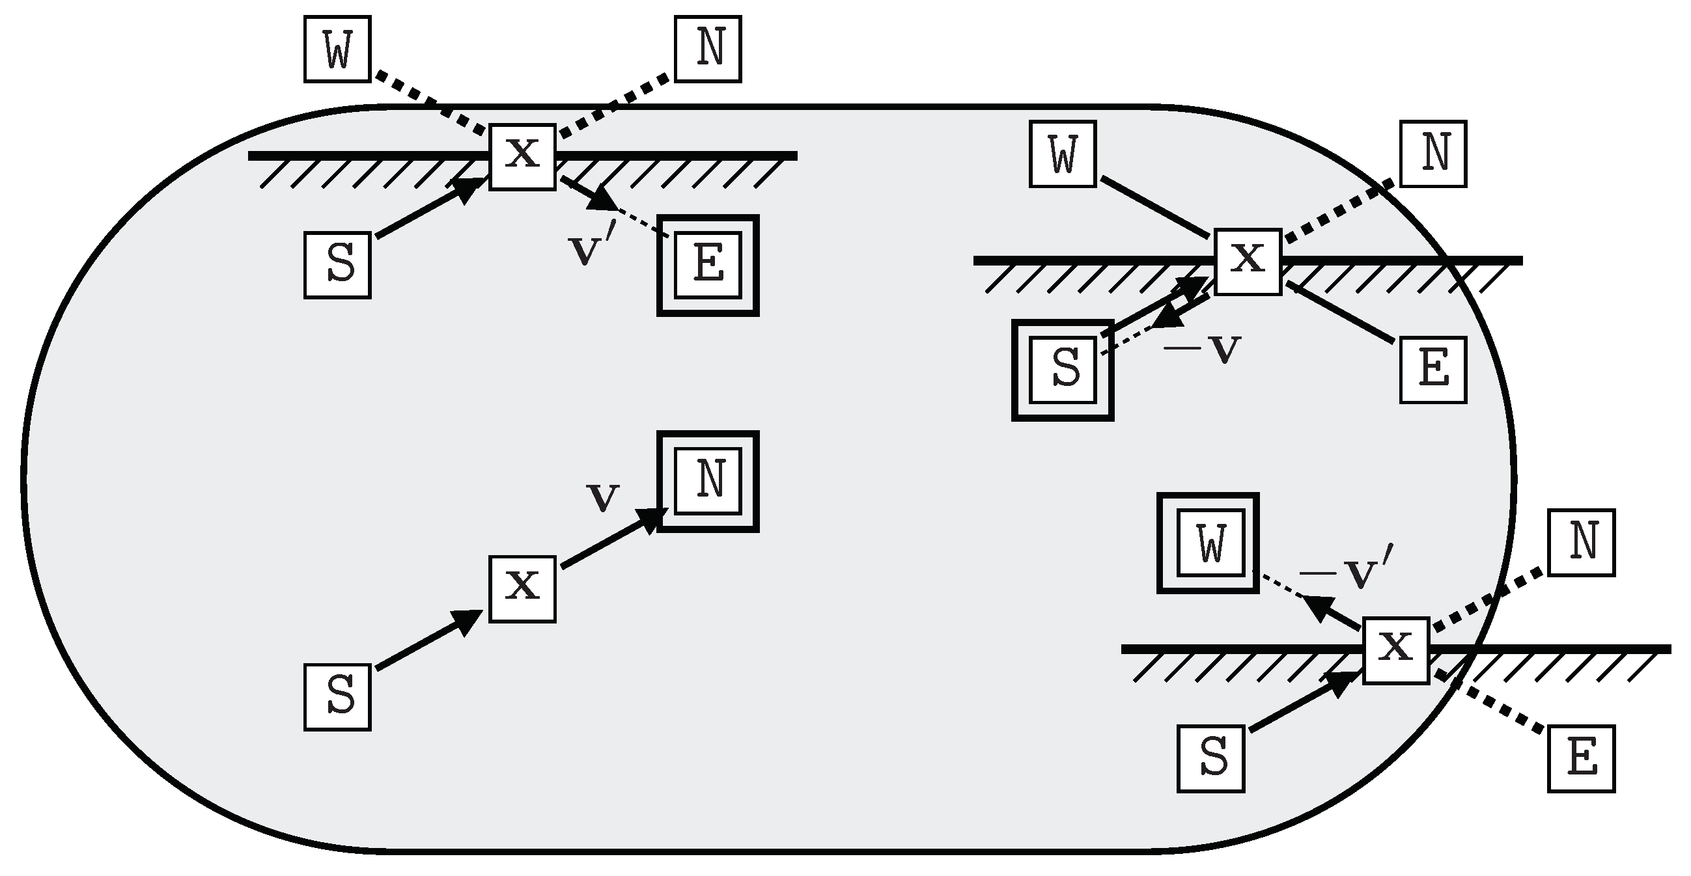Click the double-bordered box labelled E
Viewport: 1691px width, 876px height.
coord(708,266)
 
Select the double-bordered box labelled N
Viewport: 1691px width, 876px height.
coord(708,481)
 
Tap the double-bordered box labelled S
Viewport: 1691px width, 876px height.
coord(1062,370)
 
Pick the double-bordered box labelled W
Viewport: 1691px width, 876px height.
coord(1207,543)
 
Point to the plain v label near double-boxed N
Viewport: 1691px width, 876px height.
coord(602,497)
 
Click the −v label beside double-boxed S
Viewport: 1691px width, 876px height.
coord(1202,348)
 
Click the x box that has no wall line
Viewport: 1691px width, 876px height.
coord(522,588)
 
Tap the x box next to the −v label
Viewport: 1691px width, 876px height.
coord(1247,262)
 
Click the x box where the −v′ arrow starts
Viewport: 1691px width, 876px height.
coord(1395,650)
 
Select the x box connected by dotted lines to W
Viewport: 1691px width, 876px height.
coord(522,157)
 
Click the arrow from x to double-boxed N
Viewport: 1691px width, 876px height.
coord(611,540)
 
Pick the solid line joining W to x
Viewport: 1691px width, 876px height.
coord(1154,207)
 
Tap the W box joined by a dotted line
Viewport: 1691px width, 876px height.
coord(337,49)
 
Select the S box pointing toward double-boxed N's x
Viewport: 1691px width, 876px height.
coord(337,697)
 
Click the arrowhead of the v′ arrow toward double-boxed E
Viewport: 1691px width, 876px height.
coord(601,200)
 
